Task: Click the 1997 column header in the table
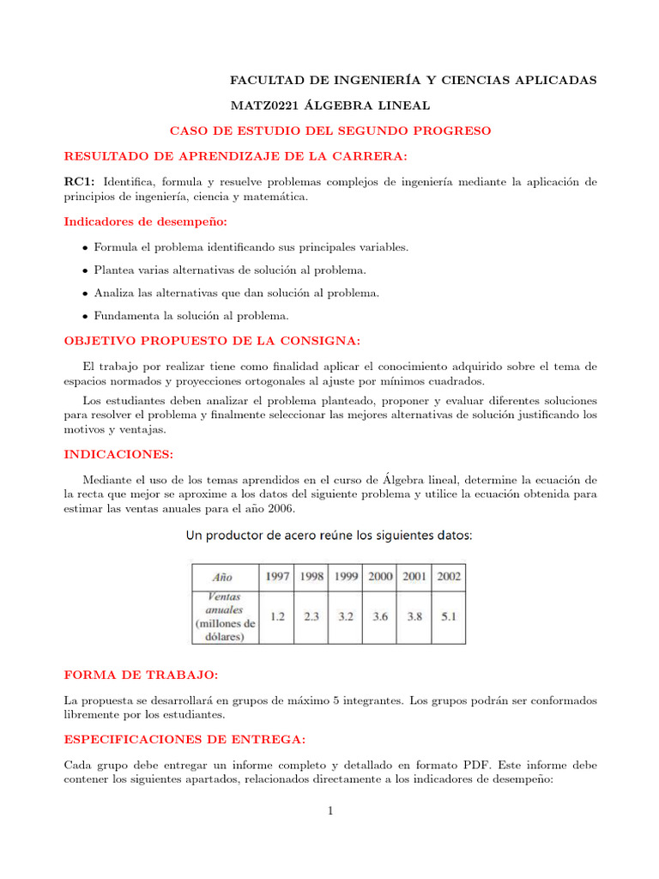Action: (x=278, y=577)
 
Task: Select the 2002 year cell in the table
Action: (x=448, y=577)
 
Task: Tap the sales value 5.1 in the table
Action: (x=448, y=616)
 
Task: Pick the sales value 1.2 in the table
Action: (x=278, y=616)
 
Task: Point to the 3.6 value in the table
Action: (x=379, y=616)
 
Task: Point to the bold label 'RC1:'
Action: (x=80, y=181)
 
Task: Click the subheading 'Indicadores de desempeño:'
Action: (x=146, y=221)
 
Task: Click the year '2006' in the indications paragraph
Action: (x=280, y=509)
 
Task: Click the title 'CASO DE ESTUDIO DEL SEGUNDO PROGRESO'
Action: (x=330, y=130)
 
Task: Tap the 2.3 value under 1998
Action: (x=311, y=616)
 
